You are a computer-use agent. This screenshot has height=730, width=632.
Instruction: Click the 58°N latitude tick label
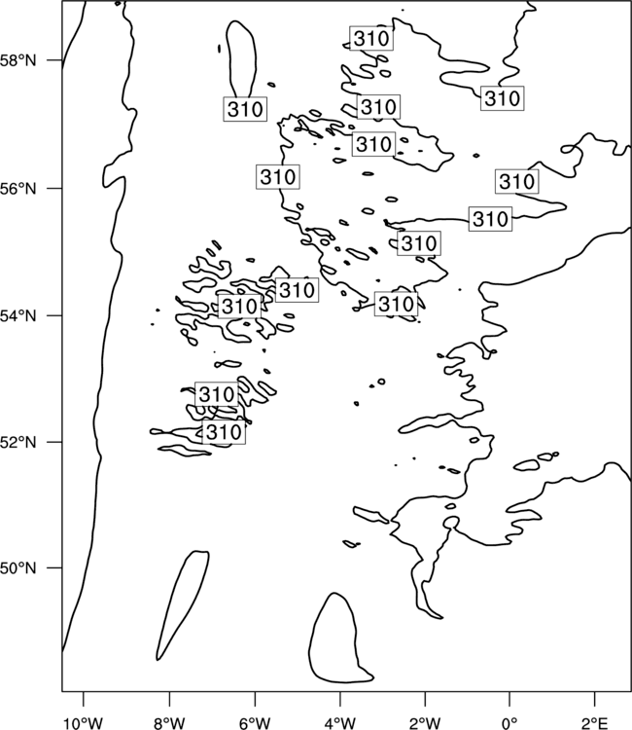pos(18,60)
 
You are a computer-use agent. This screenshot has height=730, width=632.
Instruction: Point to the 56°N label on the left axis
pos(18,189)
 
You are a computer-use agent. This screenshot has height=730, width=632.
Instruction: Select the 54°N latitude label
pos(18,315)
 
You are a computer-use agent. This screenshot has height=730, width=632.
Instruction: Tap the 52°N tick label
pos(18,442)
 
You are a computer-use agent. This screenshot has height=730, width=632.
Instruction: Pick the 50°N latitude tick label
pos(18,568)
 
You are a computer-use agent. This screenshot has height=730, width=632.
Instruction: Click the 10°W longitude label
pos(84,723)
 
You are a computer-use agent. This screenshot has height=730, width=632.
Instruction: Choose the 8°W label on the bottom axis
pos(169,723)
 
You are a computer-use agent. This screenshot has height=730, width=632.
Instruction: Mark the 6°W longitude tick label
pos(255,723)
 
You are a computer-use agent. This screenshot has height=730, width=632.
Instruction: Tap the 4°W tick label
pos(340,723)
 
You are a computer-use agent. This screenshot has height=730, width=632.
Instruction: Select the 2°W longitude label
pos(425,723)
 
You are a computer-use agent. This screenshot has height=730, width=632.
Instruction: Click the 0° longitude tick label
pos(509,723)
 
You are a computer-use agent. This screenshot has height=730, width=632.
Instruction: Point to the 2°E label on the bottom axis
pos(594,723)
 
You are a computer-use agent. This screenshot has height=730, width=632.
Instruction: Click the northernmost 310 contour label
pos(371,38)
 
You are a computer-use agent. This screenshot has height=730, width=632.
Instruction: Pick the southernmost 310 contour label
pos(224,432)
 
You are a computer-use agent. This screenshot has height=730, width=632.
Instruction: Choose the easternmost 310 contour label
pos(516,181)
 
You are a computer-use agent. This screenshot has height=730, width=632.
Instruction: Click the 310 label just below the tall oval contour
pos(245,109)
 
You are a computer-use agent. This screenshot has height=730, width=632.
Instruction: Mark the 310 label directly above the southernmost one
pos(216,394)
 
